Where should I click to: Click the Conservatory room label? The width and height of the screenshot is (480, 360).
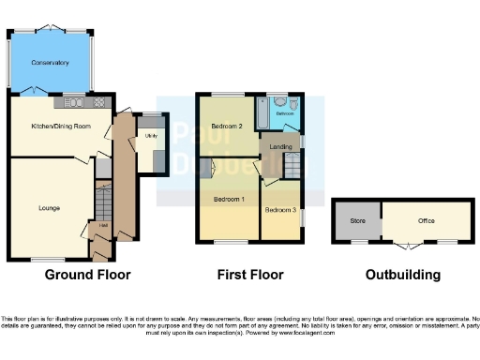coord(50,63)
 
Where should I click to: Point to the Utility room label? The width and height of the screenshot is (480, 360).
coord(150,136)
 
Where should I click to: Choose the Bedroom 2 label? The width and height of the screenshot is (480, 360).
coord(227,126)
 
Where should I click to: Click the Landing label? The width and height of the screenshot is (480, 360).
coord(280,147)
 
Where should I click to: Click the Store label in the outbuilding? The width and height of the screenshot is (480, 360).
coord(357,221)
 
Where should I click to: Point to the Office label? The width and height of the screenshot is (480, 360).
coord(427,221)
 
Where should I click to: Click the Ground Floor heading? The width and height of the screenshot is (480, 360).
coord(88,275)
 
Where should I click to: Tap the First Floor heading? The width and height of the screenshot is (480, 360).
coord(248,275)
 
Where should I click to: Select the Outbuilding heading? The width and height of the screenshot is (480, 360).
coord(403,275)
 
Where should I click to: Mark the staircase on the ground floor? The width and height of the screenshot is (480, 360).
coord(104,198)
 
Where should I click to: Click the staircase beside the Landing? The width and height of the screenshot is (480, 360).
coord(292,167)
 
